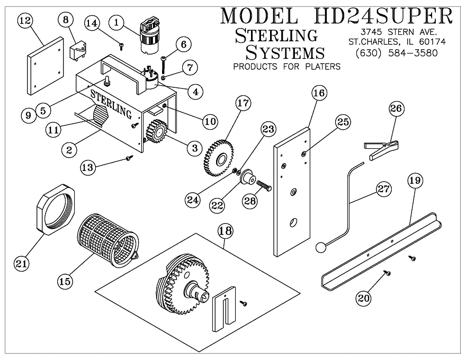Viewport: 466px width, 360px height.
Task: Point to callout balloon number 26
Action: click(396, 109)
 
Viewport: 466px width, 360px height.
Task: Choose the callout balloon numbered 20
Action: click(363, 298)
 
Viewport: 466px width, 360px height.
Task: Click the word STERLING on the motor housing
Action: click(111, 105)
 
